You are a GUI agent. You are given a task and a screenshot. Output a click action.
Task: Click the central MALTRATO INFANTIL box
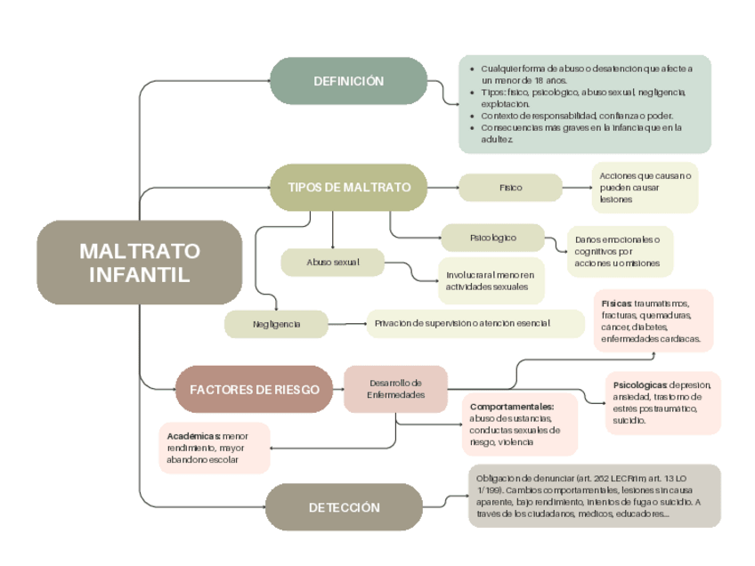click(x=140, y=263)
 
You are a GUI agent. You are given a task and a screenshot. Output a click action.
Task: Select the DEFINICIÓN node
click(x=348, y=81)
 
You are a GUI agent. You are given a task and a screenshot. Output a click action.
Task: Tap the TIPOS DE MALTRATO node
click(x=349, y=188)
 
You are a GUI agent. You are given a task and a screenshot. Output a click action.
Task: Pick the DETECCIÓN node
click(x=344, y=507)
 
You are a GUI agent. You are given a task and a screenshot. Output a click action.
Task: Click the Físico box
click(x=510, y=188)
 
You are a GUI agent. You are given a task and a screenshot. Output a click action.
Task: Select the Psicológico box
click(x=492, y=238)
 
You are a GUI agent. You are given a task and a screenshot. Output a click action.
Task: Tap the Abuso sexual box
click(x=332, y=263)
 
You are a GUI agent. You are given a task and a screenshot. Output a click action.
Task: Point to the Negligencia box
click(x=276, y=324)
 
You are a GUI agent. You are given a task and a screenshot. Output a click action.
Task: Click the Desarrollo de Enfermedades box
click(x=395, y=389)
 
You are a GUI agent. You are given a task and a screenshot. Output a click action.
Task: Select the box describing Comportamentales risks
click(x=520, y=424)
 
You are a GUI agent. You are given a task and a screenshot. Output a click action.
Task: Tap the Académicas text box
click(x=214, y=448)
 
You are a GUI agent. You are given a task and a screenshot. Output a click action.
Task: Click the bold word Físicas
click(x=615, y=303)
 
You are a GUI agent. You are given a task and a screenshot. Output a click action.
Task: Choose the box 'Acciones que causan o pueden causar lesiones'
click(x=645, y=188)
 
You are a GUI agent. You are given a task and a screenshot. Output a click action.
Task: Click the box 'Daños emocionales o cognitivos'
click(x=620, y=251)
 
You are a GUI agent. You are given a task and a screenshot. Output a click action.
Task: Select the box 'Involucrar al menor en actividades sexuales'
click(x=491, y=280)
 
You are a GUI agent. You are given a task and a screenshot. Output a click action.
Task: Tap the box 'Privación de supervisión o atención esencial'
click(x=475, y=323)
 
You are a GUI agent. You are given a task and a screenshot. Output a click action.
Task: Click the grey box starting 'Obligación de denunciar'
click(x=594, y=496)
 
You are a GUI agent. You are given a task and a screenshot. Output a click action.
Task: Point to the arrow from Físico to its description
click(x=577, y=188)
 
